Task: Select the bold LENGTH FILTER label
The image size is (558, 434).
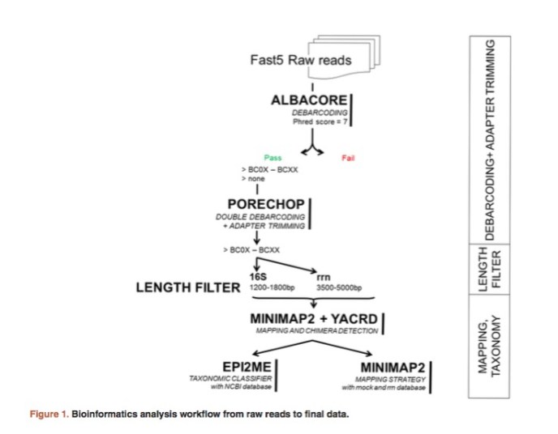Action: click(x=187, y=287)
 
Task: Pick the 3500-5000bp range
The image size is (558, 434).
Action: click(x=333, y=288)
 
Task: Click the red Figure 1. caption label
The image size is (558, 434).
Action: click(x=49, y=415)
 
